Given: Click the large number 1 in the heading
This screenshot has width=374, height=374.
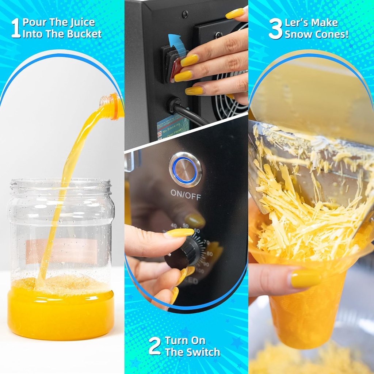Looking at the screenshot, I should pyautogui.click(x=15, y=28).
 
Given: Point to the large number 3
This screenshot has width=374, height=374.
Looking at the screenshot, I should pyautogui.click(x=275, y=28).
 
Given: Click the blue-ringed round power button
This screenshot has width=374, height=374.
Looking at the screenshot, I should pyautogui.click(x=185, y=169).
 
